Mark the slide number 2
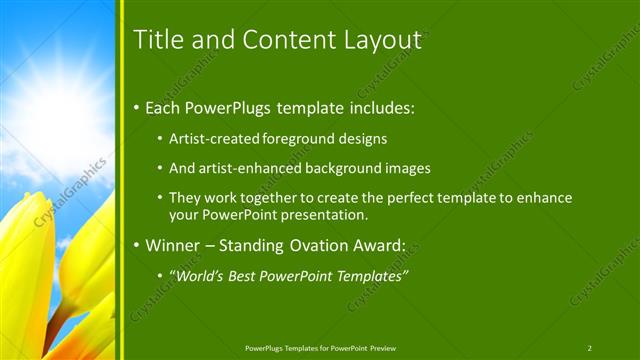[x=589, y=348]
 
